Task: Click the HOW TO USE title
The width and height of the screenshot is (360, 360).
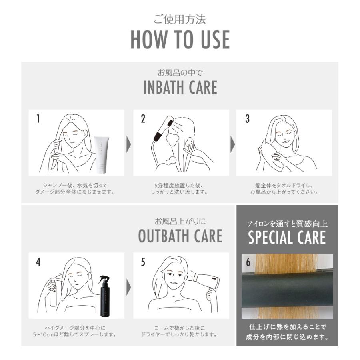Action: pos(180,39)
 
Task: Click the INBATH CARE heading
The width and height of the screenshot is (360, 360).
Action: pos(180,88)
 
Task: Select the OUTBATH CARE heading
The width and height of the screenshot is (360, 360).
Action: pos(180,236)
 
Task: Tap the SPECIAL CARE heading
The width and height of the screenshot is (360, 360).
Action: pos(287,238)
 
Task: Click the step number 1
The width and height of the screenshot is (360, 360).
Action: pos(38,119)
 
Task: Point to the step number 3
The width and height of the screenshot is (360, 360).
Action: pos(247,119)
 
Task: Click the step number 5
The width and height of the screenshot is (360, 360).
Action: pos(143,262)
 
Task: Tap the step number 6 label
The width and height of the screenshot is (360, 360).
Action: pos(248,262)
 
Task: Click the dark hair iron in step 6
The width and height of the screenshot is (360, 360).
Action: pos(287,290)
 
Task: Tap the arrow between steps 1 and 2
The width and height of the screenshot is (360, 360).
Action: pos(128,144)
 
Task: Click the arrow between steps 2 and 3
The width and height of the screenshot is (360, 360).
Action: pos(232,144)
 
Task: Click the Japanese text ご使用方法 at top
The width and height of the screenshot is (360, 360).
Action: pos(180,19)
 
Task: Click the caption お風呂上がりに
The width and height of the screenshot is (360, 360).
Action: pos(180,221)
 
